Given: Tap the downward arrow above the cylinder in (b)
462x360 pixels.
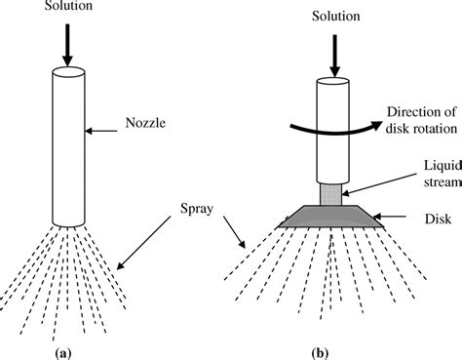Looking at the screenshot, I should pos(331,51).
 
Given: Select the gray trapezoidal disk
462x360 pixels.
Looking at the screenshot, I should pos(332,214).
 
